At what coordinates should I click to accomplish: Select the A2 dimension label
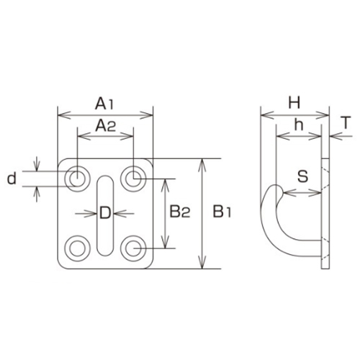(x=106, y=127)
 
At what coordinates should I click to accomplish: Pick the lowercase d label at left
(x=11, y=179)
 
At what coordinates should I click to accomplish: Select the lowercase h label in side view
(x=297, y=126)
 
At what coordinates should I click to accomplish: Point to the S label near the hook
(x=302, y=175)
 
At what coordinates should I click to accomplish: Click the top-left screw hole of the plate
(x=76, y=176)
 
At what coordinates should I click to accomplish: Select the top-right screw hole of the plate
(x=133, y=176)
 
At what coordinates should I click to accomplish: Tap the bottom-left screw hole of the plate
(x=76, y=248)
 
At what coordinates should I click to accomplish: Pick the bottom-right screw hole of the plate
(x=133, y=248)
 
